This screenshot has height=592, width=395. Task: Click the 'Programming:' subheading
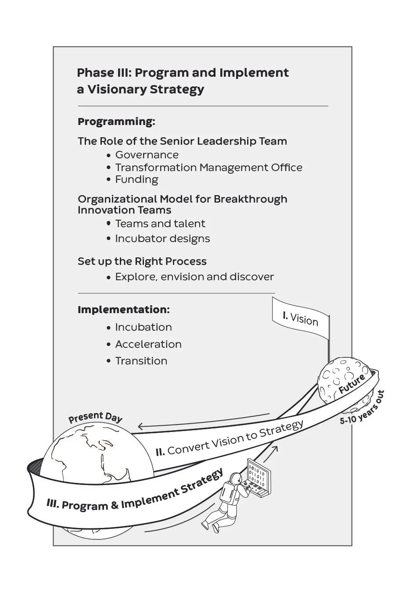pyautogui.click(x=116, y=121)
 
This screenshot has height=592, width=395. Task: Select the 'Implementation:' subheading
pyautogui.click(x=123, y=310)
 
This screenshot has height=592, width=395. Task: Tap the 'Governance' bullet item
pyautogui.click(x=147, y=155)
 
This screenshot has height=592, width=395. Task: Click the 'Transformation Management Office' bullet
pyautogui.click(x=208, y=168)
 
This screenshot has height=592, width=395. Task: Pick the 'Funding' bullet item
pyautogui.click(x=136, y=179)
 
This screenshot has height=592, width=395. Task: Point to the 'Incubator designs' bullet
pyautogui.click(x=162, y=239)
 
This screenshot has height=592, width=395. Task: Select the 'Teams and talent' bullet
pyautogui.click(x=160, y=224)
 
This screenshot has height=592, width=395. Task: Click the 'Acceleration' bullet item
pyautogui.click(x=148, y=344)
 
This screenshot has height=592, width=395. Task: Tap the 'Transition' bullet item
pyautogui.click(x=141, y=361)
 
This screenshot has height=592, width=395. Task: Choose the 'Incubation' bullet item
pyautogui.click(x=143, y=327)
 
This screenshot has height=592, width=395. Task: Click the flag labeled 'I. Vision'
pyautogui.click(x=301, y=318)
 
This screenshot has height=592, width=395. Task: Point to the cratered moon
pyautogui.click(x=338, y=382)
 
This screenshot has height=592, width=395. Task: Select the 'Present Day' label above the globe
pyautogui.click(x=95, y=417)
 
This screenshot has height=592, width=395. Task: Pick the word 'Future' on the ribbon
pyautogui.click(x=352, y=384)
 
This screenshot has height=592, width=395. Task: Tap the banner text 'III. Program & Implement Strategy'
pyautogui.click(x=135, y=492)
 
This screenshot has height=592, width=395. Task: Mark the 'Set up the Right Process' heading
pyautogui.click(x=142, y=261)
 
